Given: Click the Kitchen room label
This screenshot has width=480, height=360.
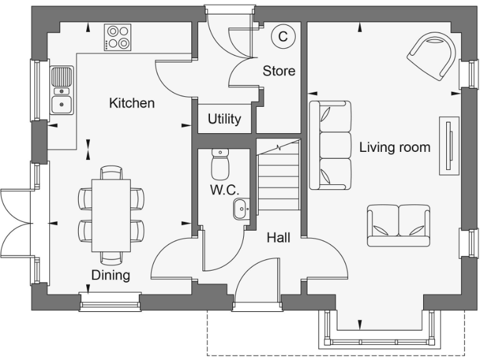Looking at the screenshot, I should pyautogui.click(x=132, y=103).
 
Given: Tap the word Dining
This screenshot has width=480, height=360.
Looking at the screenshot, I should pyautogui.click(x=111, y=275).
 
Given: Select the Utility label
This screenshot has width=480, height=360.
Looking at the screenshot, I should pyautogui.click(x=224, y=119).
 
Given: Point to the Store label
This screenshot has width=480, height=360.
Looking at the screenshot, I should pyautogui.click(x=279, y=71).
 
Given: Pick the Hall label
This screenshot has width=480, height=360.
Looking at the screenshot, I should pyautogui.click(x=279, y=237).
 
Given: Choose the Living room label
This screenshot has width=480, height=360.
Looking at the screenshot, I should pyautogui.click(x=394, y=147).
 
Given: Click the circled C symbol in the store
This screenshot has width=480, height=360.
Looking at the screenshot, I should pyautogui.click(x=282, y=36).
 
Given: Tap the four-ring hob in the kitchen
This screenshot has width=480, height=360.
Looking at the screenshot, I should pyautogui.click(x=117, y=37).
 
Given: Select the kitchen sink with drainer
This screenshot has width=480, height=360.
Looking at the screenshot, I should pyautogui.click(x=61, y=91).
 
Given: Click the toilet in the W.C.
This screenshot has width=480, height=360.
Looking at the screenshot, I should pyautogui.click(x=221, y=164).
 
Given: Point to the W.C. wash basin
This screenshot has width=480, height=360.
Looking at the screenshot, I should pyautogui.click(x=242, y=209).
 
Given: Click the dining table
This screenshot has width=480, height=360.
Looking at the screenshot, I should pyautogui.click(x=111, y=214).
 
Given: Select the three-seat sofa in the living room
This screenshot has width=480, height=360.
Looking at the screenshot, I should pyautogui.click(x=331, y=145).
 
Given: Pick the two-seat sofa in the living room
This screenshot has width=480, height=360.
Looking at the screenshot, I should pyautogui.click(x=399, y=224).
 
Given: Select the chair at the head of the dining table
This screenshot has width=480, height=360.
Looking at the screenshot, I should pyautogui.click(x=111, y=172).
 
